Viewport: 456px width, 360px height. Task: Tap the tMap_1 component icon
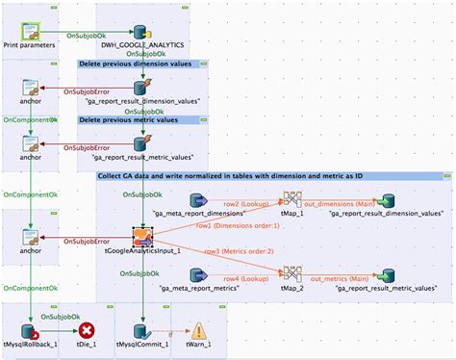[291, 200]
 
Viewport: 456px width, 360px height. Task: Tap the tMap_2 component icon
[291, 271]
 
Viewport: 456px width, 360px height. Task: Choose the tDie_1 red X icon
[87, 328]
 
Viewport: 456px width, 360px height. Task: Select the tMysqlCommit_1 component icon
[142, 328]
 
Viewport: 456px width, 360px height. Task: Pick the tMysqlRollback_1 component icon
[31, 328]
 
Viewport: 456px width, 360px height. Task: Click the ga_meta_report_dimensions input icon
[199, 200]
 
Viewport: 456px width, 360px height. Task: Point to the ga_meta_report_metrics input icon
[199, 271]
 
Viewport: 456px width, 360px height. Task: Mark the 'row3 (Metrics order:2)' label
[226, 251]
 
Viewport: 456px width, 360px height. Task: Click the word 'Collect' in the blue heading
[113, 177]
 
